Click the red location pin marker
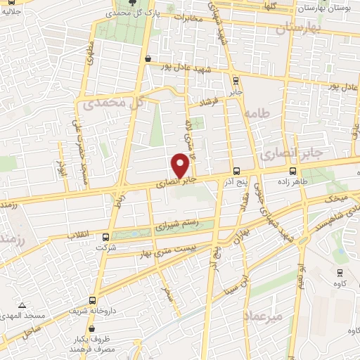coord(181,165)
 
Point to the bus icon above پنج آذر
coord(236,171)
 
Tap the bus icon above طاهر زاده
coord(293,171)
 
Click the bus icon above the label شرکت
coord(106,237)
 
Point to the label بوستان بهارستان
coord(326,8)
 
